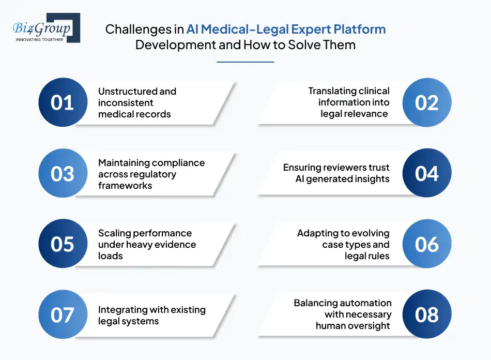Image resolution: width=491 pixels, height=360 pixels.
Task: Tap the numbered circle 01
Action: (63, 102)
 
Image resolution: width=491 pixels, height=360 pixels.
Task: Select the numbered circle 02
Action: (427, 102)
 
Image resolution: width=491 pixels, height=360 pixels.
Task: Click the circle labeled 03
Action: (63, 173)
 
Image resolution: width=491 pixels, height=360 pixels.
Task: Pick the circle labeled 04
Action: (427, 173)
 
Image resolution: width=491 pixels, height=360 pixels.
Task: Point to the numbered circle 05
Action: (63, 244)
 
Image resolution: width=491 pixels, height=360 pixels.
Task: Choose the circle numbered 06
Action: (427, 244)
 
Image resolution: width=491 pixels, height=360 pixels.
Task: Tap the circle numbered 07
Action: (63, 314)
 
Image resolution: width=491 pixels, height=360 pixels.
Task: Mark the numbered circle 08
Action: (427, 314)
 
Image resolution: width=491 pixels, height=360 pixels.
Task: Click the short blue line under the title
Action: (245, 62)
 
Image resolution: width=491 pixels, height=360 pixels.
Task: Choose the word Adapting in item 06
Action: (317, 233)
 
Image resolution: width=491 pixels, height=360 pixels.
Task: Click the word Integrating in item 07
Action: (122, 310)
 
